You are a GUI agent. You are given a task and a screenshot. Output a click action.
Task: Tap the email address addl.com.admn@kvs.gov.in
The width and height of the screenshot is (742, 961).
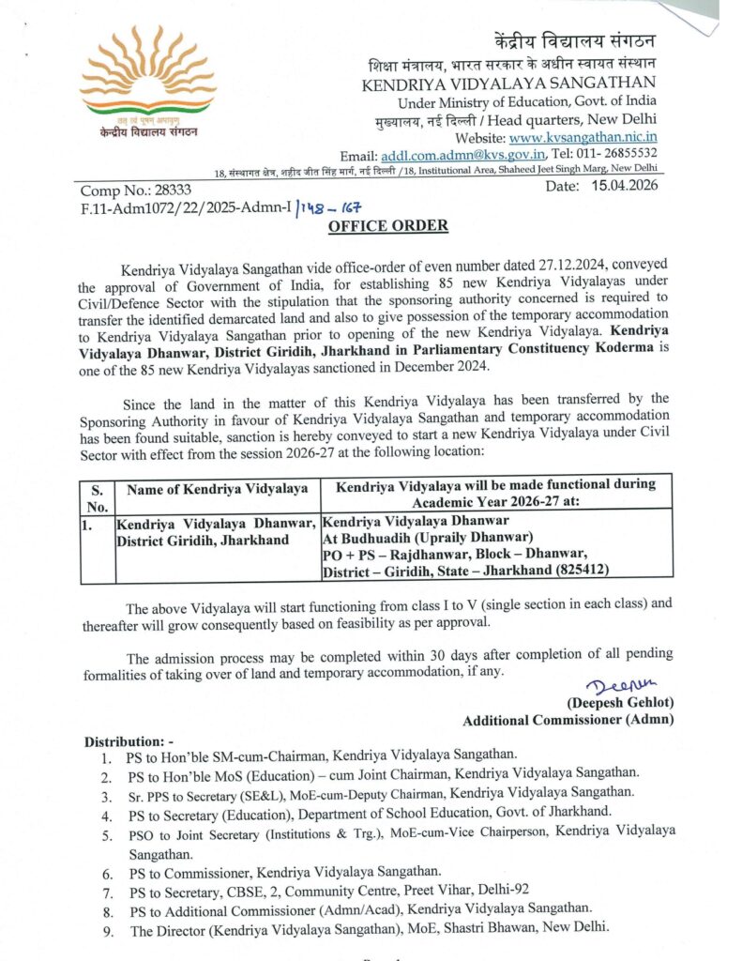(463, 154)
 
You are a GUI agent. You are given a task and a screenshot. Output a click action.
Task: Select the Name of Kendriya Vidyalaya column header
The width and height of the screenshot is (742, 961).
(217, 488)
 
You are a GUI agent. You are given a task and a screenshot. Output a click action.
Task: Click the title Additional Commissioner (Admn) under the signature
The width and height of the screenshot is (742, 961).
(568, 720)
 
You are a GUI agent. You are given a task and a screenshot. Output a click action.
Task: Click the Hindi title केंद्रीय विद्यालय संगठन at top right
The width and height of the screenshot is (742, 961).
(575, 42)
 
